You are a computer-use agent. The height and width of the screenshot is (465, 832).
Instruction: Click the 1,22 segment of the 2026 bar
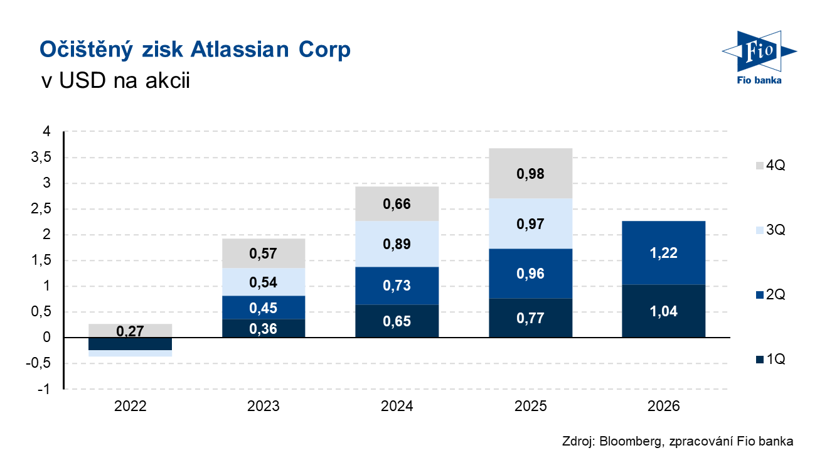tap(663, 253)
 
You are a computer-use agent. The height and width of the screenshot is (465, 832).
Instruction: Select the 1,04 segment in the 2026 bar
tap(663, 311)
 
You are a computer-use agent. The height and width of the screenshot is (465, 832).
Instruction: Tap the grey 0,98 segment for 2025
tap(530, 173)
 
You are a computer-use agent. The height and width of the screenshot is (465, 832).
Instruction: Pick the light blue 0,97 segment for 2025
tap(530, 223)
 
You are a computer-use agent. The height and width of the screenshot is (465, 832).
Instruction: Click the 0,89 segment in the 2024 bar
tap(397, 243)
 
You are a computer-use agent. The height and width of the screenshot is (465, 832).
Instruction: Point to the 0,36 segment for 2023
tap(264, 328)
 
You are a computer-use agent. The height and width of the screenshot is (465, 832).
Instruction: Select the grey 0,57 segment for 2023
tap(264, 254)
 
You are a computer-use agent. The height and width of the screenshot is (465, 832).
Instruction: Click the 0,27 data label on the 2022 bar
tap(131, 331)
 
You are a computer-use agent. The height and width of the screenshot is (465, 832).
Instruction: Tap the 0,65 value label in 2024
tap(397, 321)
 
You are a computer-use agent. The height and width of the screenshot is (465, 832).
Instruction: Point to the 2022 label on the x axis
tap(131, 406)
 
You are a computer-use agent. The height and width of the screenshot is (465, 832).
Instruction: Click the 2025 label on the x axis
tap(530, 406)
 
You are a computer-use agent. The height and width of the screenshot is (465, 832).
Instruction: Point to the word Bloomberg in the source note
tap(628, 441)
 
